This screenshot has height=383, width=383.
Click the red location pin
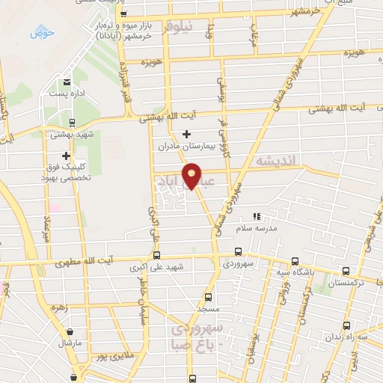pyautogui.click(x=192, y=175)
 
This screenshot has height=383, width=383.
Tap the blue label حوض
pyautogui.click(x=38, y=33)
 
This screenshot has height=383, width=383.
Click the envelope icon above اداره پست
pyautogui.click(x=68, y=82)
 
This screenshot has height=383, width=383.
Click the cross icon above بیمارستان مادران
pyautogui.click(x=186, y=135)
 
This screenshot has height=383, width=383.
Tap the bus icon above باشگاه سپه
pyautogui.click(x=295, y=261)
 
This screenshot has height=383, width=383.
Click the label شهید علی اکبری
pyautogui.click(x=165, y=267)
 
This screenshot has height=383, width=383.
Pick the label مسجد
pyautogui.click(x=208, y=308)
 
